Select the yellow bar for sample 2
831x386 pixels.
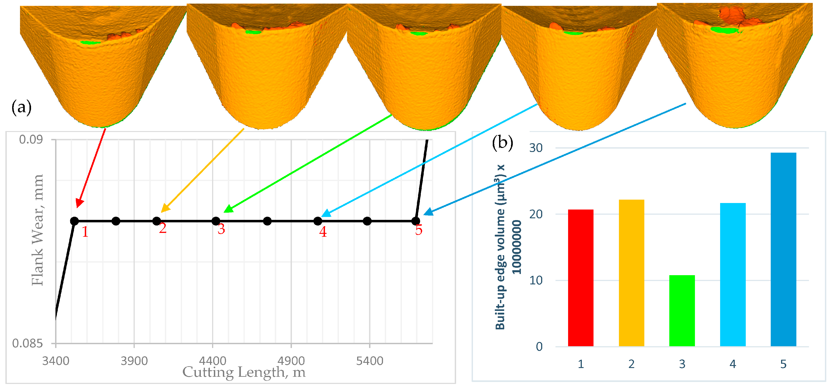coord(631,273)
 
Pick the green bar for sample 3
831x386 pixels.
coord(682,310)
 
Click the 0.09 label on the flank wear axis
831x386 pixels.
coord(31,139)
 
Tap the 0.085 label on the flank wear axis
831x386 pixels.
coord(27,344)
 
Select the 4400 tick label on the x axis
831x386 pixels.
coord(213,361)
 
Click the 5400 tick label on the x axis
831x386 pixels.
coord(370,361)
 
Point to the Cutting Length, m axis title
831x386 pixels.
coord(244,373)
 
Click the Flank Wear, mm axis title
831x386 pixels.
coord(37,230)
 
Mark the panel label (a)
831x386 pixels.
coord(21,107)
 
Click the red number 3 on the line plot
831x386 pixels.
coord(221,229)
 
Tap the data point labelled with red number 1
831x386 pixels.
coord(74,221)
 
